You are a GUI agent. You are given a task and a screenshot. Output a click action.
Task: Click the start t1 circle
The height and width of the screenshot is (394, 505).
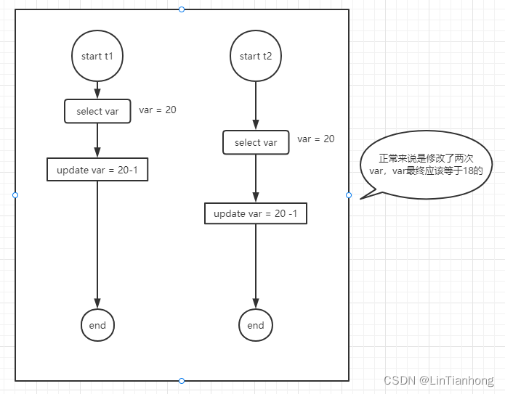[x=97, y=56]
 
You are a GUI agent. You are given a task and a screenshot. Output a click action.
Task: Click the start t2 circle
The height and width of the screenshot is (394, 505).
[x=256, y=56]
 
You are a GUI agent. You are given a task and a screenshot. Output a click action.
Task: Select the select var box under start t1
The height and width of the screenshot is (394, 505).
[x=97, y=111]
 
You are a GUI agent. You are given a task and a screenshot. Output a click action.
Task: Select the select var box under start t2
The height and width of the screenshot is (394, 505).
[x=256, y=142]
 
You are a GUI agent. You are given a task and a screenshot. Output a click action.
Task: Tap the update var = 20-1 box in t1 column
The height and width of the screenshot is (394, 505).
[x=97, y=170]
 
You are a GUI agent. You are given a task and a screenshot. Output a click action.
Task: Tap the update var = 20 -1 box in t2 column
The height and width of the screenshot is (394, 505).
[x=256, y=213]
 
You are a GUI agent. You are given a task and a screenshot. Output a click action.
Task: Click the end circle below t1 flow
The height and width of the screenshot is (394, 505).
[x=97, y=325]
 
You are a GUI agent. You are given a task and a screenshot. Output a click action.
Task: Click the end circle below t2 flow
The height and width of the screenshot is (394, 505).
[x=256, y=325]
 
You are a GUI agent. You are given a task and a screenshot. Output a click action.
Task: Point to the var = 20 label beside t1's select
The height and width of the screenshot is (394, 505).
[x=158, y=110]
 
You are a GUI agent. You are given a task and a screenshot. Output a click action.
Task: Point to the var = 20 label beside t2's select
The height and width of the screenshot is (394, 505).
[x=316, y=139]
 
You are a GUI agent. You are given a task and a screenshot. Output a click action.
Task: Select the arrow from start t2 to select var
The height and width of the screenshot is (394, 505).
[x=256, y=105]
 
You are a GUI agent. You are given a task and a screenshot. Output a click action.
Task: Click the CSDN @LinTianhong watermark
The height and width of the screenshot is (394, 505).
[x=439, y=380]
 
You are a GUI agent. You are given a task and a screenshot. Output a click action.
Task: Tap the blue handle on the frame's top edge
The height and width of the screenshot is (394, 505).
[x=182, y=9]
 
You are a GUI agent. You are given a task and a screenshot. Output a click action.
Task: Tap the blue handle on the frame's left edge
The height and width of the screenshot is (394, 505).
[x=15, y=195]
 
